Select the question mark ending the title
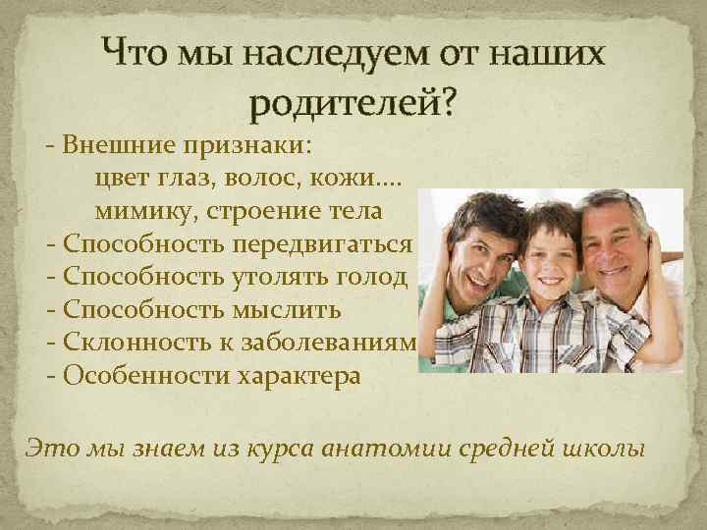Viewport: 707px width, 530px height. pyautogui.click(x=448, y=101)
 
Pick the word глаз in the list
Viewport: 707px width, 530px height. pyautogui.click(x=188, y=179)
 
